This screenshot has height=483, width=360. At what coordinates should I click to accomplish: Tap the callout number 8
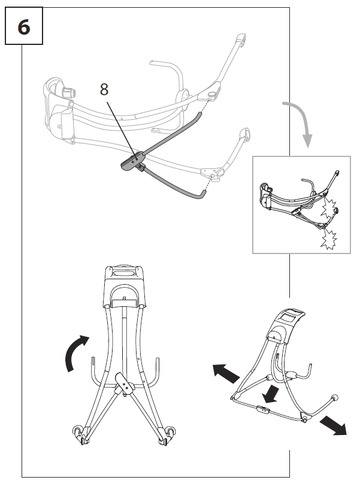pos(104,90)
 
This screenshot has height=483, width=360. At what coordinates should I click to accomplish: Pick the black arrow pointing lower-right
pos(332,424)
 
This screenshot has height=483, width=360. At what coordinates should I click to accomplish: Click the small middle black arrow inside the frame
pos(271,393)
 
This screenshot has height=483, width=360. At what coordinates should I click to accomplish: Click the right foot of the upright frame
pos(167,435)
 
